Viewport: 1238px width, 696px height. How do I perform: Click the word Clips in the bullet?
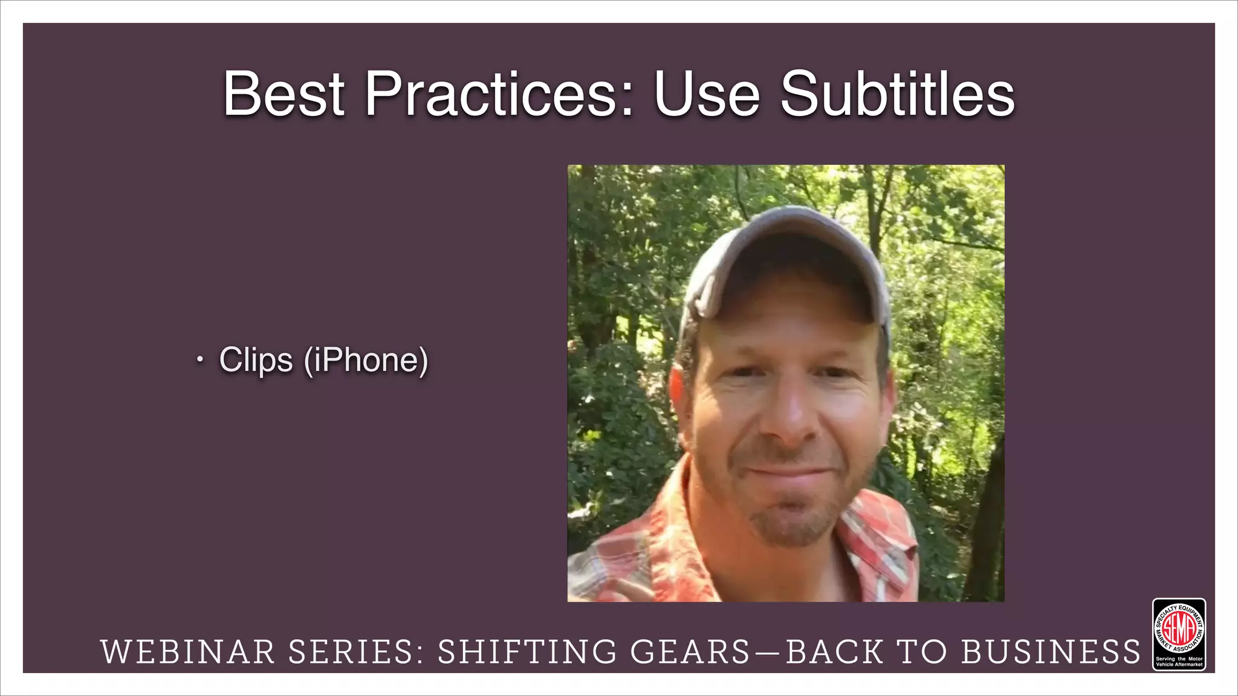[x=256, y=360]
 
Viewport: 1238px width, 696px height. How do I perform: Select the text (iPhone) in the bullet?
[x=366, y=360]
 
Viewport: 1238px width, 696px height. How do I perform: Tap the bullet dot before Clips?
[x=199, y=361]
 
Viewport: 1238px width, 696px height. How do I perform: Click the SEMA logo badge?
[x=1179, y=634]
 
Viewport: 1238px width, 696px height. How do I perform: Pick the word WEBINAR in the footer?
[x=188, y=652]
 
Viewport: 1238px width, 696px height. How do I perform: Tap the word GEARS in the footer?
[x=690, y=652]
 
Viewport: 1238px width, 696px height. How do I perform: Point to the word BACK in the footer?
[x=834, y=652]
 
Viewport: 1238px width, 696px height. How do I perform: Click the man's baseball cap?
[x=786, y=254]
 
